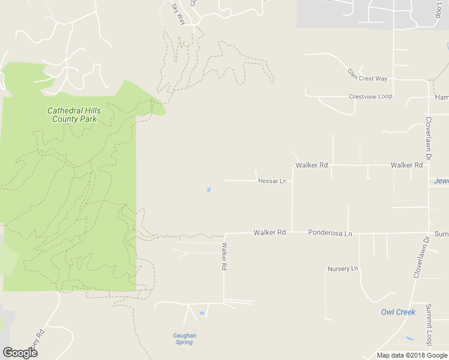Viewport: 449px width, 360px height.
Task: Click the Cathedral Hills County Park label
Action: pos(74,115)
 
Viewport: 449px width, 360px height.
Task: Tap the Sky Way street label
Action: pos(179,14)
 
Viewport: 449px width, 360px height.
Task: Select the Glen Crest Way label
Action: pos(367,75)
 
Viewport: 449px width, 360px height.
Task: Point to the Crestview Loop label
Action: pos(370,97)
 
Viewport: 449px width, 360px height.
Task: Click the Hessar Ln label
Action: pos(272,181)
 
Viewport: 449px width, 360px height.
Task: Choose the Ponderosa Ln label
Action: pos(330,233)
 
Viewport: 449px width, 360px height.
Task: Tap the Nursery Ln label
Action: pos(343,268)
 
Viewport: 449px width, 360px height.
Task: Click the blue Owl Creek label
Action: pos(398,312)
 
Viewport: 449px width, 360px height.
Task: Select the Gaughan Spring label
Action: pos(184,339)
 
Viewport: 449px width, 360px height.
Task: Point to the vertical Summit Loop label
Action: pos(429,325)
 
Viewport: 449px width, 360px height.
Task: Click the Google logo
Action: pos(20,352)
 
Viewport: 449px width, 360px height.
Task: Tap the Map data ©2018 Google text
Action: pos(411,355)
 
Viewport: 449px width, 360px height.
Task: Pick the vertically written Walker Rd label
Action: pos(224,256)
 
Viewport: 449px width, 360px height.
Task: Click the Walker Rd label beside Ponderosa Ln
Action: pos(269,232)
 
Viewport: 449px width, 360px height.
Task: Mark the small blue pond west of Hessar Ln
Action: pos(209,190)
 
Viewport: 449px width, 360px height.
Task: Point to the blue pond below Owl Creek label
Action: pos(409,338)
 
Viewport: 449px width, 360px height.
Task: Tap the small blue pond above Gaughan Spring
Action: pos(202,313)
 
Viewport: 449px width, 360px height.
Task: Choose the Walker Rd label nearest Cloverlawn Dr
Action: pos(406,165)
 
